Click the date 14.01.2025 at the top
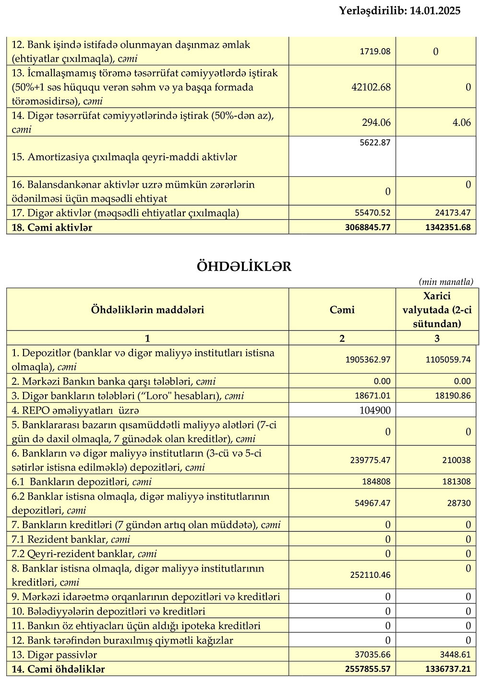click(435, 11)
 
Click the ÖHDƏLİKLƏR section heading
click(244, 267)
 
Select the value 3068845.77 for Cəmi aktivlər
click(367, 227)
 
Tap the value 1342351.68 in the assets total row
click(448, 227)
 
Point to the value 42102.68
click(371, 87)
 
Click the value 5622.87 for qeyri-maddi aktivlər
click(375, 143)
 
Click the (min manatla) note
click(446, 282)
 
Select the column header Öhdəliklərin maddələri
click(147, 310)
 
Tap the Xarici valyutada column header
click(437, 310)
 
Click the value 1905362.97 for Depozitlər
click(368, 359)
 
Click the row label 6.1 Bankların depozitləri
click(82, 482)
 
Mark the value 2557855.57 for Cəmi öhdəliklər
click(367, 669)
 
